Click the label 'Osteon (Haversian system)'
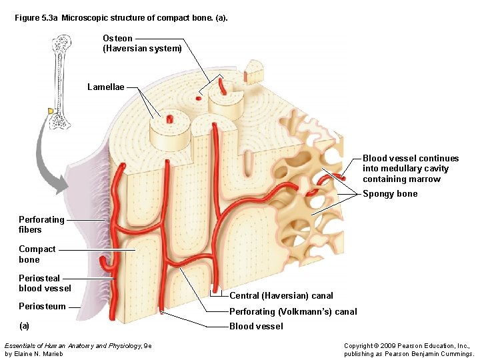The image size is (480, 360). point(142,43)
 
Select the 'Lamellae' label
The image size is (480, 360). point(106,87)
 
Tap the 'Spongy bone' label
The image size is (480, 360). point(390,194)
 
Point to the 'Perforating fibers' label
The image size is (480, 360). point(41,225)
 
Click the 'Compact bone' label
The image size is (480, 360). point(37,254)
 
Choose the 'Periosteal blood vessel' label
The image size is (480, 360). point(45,283)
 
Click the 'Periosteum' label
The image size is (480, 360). point(42,307)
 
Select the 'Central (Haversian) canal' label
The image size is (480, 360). point(281,295)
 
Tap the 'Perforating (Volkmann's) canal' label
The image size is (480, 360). point(293,311)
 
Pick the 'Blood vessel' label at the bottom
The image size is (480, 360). point(256,326)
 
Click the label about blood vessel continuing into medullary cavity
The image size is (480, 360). point(411,169)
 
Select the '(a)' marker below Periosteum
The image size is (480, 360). point(24,326)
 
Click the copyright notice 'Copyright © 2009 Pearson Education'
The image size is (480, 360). point(407,346)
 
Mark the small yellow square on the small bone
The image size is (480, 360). point(50,111)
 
